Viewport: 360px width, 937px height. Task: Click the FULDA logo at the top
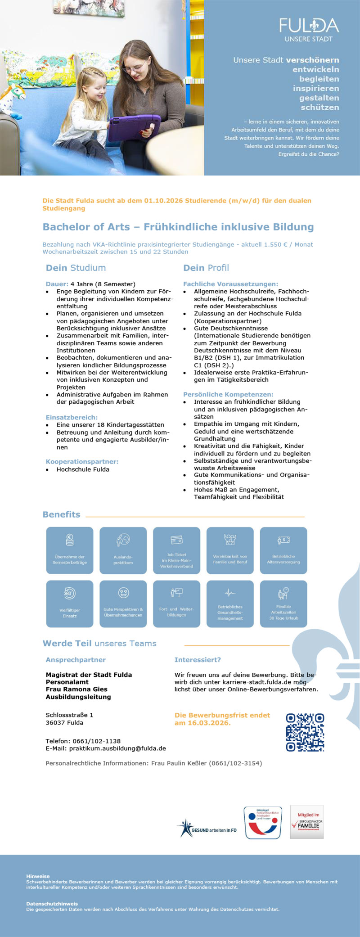pos(309,30)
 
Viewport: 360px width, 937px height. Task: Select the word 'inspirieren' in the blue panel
pos(316,88)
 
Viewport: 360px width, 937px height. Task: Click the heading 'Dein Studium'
pos(76,268)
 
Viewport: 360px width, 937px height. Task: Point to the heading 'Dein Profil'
pos(206,268)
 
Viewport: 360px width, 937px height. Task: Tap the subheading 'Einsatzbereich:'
pos(72,417)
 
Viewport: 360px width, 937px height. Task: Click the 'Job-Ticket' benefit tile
pos(176,550)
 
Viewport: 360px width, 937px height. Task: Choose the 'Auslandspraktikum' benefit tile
pos(123,550)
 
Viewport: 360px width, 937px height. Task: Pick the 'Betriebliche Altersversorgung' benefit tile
pos(283,550)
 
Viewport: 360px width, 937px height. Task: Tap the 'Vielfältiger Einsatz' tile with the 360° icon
pos(70,604)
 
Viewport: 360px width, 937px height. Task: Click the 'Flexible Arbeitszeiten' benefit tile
pos(283,604)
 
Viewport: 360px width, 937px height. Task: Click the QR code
pos(305,732)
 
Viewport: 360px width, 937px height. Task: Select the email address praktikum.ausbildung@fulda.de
pos(117,748)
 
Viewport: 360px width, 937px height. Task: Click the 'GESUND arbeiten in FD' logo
pos(207,828)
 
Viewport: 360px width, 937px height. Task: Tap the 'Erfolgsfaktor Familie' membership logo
pos(307,822)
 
